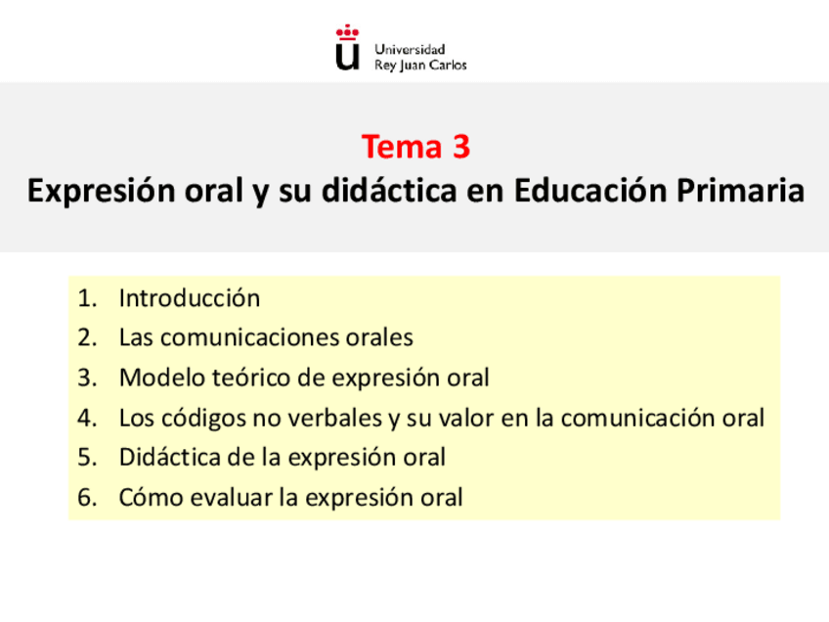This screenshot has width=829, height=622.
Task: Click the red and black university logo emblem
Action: (x=347, y=49)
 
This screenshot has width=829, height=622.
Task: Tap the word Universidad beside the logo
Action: (x=411, y=49)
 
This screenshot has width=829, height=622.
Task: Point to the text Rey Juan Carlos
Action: (x=421, y=66)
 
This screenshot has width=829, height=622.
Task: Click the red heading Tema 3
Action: (x=415, y=147)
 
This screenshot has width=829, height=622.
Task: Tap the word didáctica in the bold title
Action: (x=390, y=191)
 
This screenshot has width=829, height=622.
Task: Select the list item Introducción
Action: (x=190, y=298)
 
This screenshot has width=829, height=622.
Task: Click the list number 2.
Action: (x=86, y=338)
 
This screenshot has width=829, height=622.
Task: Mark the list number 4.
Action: (x=86, y=419)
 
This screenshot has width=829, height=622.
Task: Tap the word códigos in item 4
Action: (x=199, y=419)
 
